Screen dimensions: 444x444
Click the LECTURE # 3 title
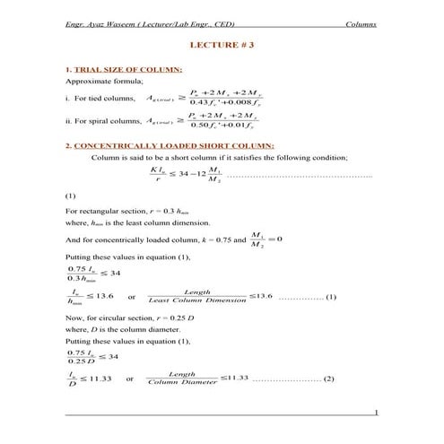pyautogui.click(x=222, y=44)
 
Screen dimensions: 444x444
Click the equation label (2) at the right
pyautogui.click(x=328, y=379)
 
